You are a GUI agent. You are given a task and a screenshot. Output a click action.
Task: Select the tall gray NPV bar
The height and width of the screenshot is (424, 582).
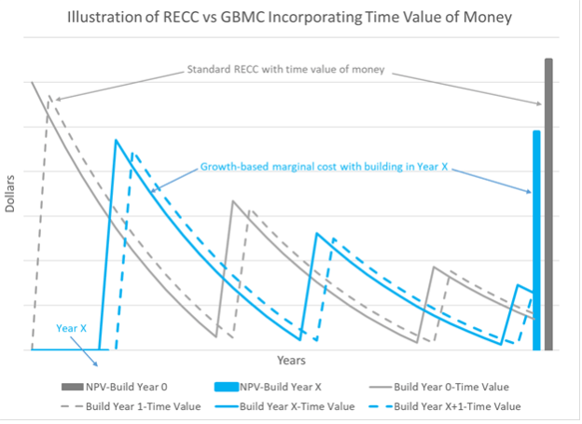click(x=548, y=205)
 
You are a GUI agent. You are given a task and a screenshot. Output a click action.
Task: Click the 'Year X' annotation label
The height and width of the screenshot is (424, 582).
click(x=71, y=328)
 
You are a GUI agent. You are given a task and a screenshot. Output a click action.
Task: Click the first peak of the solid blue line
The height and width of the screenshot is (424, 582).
click(x=116, y=140)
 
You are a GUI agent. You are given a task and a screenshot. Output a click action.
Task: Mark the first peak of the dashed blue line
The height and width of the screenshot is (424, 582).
click(x=132, y=154)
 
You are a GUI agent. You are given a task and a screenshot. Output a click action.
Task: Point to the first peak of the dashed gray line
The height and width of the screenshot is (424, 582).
click(x=48, y=97)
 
